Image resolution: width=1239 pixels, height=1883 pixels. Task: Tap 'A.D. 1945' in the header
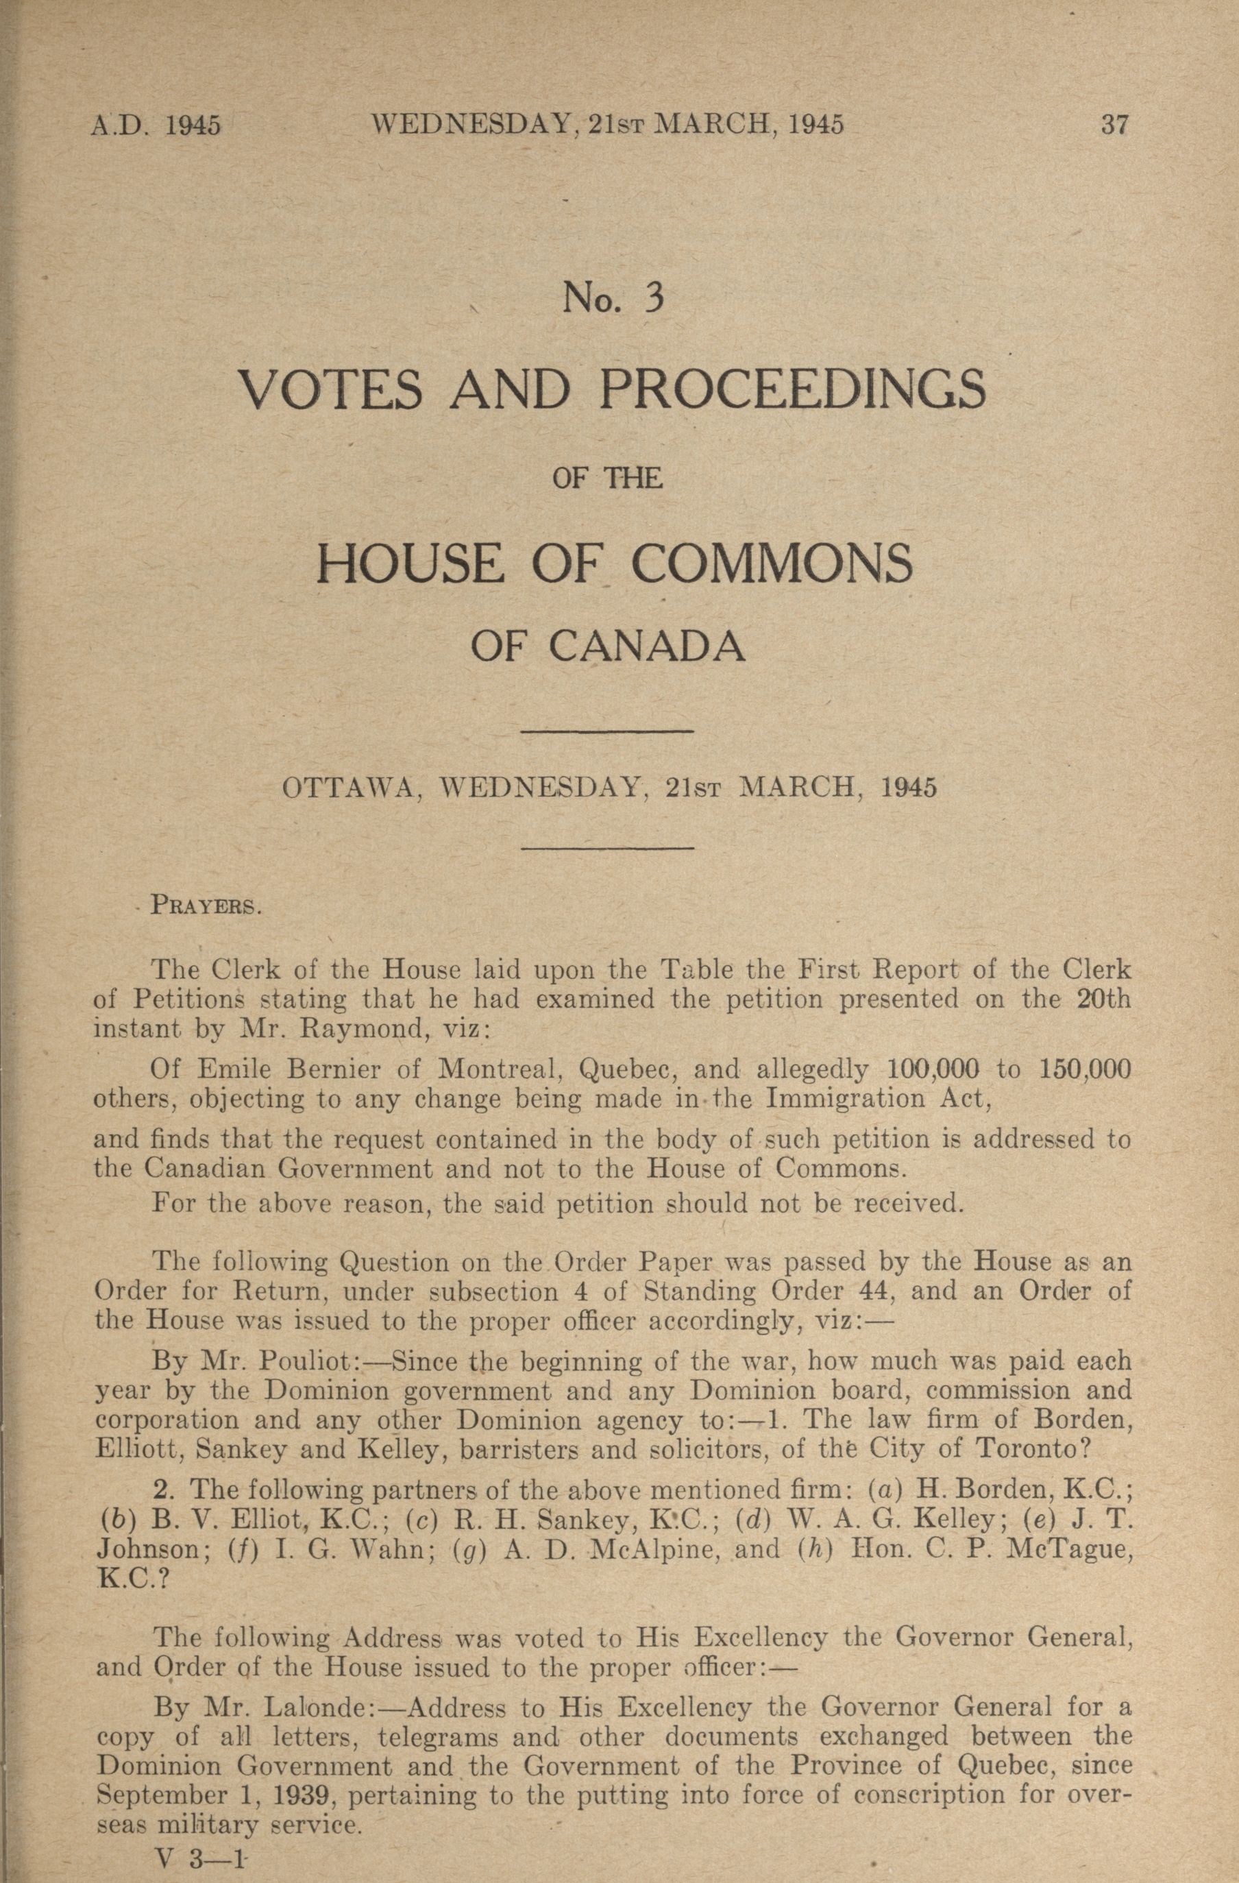tap(156, 127)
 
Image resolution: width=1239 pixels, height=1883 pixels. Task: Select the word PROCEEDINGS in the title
tap(793, 389)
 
